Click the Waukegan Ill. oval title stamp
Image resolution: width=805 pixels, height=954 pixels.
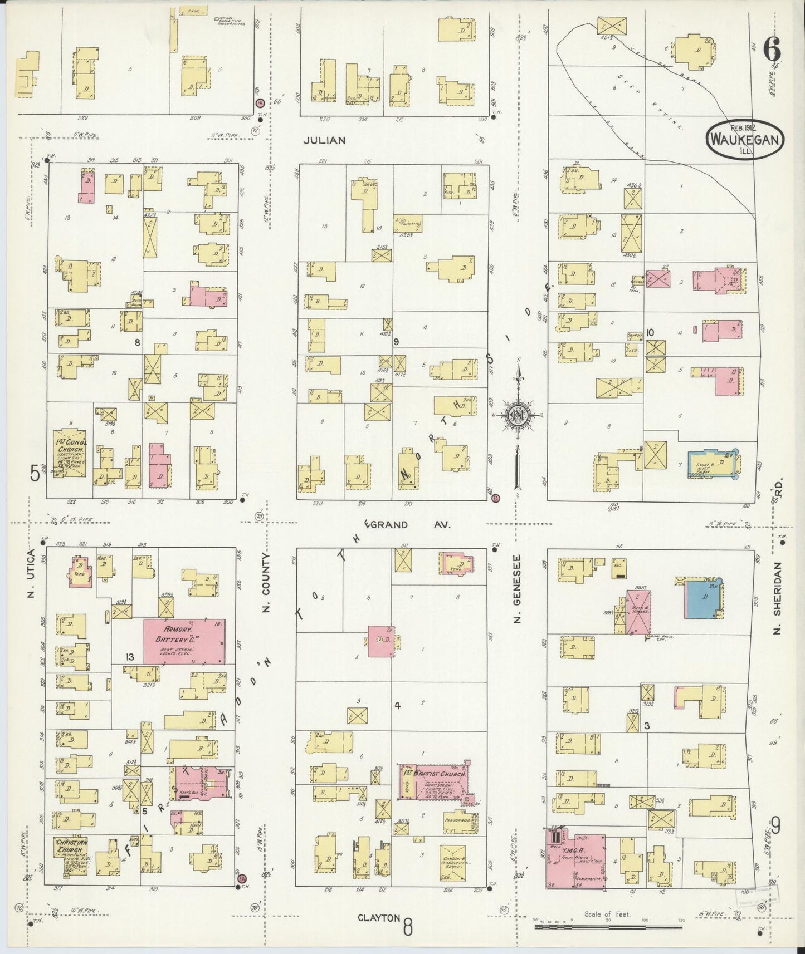[x=745, y=140]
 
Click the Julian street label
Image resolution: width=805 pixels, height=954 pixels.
[x=324, y=140]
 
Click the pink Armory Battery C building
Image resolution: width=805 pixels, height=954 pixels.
[x=184, y=640]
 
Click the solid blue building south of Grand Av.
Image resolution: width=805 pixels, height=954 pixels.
[x=704, y=598]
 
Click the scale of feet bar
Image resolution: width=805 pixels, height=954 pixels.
[x=609, y=927]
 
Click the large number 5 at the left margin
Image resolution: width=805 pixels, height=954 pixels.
[x=35, y=474]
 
